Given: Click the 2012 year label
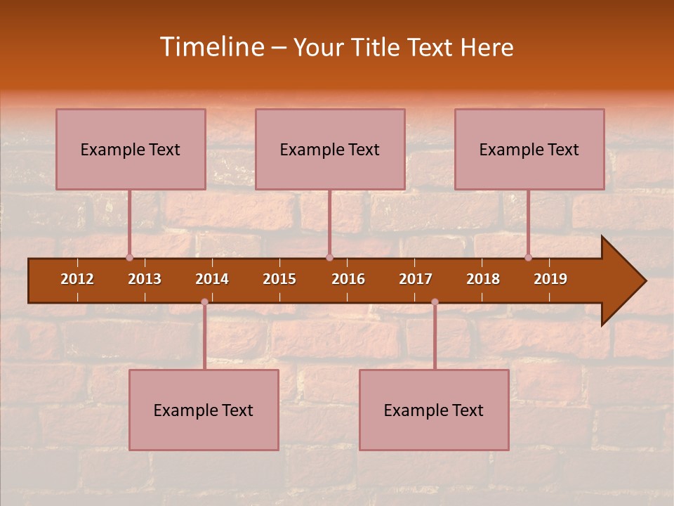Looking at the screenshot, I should tap(77, 279).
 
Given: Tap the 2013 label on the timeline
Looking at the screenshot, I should tap(145, 279).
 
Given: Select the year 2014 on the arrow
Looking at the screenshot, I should tap(212, 279).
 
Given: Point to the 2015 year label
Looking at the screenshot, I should tap(279, 279).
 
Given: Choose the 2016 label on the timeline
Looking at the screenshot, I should tap(348, 279).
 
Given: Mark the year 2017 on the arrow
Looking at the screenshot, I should tap(416, 279).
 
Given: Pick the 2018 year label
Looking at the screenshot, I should tap(483, 279).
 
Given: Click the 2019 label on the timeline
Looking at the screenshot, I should tap(550, 279).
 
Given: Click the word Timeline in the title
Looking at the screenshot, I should tap(211, 47).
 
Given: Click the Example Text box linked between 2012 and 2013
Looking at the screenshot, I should tap(131, 149).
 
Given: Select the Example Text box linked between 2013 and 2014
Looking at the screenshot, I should tap(204, 410).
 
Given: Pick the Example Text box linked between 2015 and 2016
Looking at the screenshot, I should tap(330, 149).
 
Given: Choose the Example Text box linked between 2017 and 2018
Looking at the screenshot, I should tap(434, 410).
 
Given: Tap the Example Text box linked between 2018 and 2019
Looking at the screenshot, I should tap(529, 149).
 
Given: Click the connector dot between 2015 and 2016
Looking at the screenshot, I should tap(330, 257).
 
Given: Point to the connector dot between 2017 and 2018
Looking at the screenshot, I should tap(435, 301).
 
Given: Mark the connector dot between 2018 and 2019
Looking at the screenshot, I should tap(528, 257).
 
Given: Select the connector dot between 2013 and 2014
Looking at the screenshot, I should tap(204, 301).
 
